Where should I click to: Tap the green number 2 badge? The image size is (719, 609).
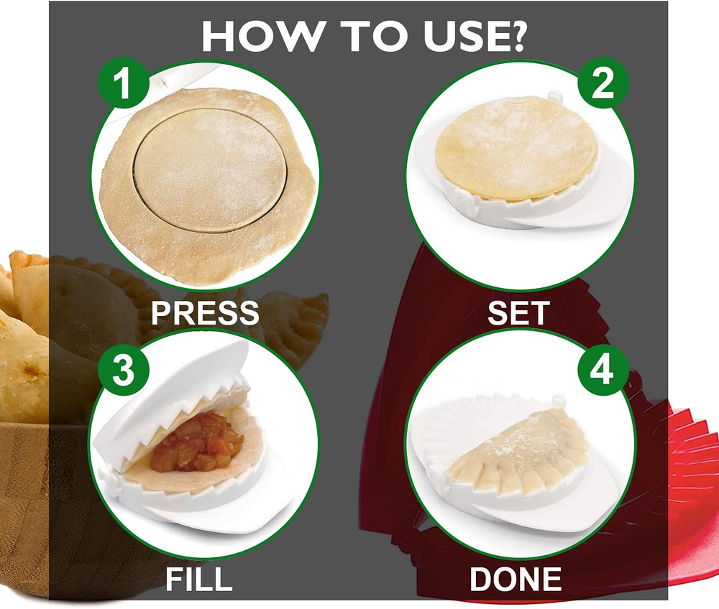[603, 83]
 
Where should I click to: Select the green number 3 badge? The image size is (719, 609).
[124, 369]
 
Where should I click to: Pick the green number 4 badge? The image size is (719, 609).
[603, 369]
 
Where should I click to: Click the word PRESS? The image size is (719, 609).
[205, 312]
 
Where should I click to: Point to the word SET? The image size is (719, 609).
[518, 313]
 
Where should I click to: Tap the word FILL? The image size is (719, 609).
[199, 579]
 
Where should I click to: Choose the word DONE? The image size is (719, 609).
[516, 579]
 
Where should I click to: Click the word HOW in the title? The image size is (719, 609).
[262, 36]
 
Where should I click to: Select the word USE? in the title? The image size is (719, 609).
[474, 36]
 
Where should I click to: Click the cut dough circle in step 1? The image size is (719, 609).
[211, 170]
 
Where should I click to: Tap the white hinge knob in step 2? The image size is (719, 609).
[554, 96]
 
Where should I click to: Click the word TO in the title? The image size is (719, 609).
[372, 36]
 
